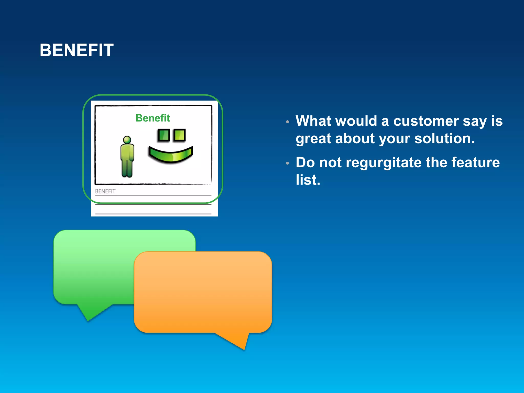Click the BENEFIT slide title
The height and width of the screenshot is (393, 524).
77,50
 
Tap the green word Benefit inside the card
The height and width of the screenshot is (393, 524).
152,118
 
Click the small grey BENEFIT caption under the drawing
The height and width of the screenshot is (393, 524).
105,191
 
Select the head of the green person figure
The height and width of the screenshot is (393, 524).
127,140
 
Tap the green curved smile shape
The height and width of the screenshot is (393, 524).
170,155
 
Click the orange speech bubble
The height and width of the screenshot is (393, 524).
203,292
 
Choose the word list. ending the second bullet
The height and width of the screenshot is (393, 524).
308,180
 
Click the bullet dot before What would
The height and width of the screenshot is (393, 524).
288,122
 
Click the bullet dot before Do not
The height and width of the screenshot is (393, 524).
288,163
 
